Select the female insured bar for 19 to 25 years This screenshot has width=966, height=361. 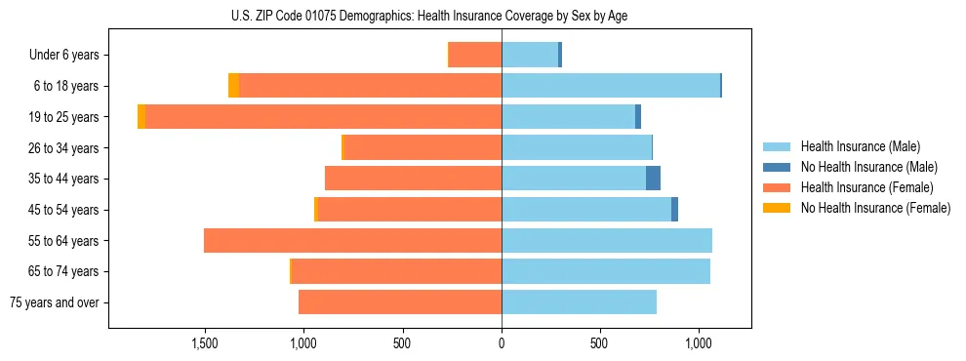click(x=323, y=117)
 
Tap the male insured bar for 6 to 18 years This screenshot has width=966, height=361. click(x=610, y=86)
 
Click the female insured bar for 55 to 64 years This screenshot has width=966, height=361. click(x=352, y=241)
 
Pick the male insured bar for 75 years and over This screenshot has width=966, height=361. click(x=579, y=302)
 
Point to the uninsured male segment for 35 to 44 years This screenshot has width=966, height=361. click(x=653, y=179)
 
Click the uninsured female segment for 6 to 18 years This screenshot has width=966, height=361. click(x=233, y=86)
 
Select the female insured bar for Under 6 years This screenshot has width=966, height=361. click(x=475, y=55)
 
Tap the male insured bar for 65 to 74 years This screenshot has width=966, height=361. click(x=605, y=271)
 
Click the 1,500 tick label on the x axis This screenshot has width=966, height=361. click(x=204, y=344)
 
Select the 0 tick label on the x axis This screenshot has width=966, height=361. click(x=502, y=344)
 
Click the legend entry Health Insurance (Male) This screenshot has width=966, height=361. click(x=860, y=146)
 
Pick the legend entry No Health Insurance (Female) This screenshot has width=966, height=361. click(x=875, y=208)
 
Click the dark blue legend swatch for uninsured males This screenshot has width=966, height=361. click(x=777, y=167)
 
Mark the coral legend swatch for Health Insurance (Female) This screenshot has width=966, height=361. click(x=777, y=187)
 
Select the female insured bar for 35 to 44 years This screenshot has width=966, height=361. click(x=413, y=179)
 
